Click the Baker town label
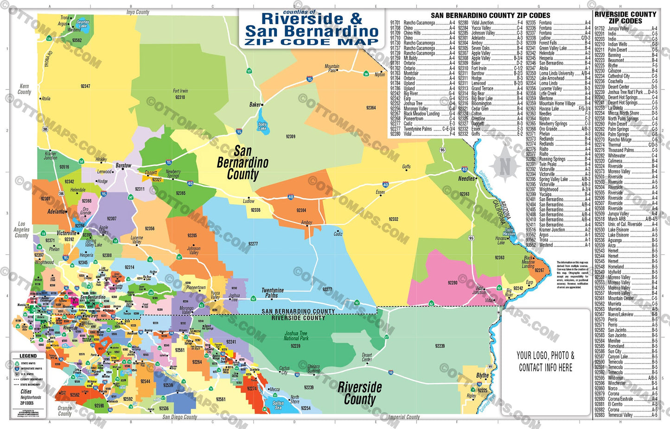[x=255, y=105]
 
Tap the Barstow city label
[x=123, y=165]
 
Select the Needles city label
[x=466, y=178]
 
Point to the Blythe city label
[x=482, y=375]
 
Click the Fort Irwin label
[x=180, y=91]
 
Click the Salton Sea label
[x=278, y=405]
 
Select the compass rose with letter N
[x=504, y=165]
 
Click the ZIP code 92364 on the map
[x=371, y=108]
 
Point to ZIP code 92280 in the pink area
[x=453, y=283]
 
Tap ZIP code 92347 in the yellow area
[x=85, y=86]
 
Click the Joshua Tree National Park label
[x=296, y=336]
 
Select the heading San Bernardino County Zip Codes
[x=490, y=15]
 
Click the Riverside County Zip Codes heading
[x=625, y=18]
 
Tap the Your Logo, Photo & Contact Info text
[x=545, y=361]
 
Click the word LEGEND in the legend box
[x=28, y=356]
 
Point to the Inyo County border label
[x=138, y=12]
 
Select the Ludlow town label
[x=249, y=201]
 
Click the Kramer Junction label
[x=51, y=156]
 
